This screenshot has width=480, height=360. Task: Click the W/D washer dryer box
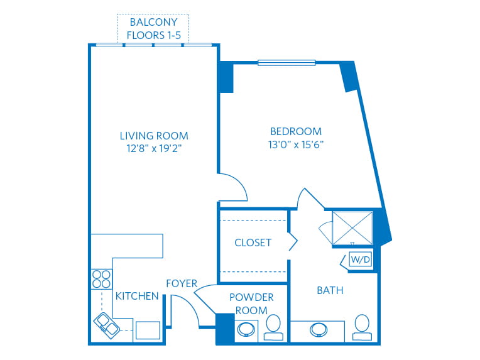click(x=360, y=259)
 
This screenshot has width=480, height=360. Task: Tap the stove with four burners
click(x=102, y=279)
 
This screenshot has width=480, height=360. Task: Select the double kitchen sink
click(x=107, y=326)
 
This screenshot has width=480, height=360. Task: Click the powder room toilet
click(x=273, y=327)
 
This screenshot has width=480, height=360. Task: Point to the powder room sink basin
click(x=246, y=330)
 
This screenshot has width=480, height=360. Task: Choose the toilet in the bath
click(x=362, y=327)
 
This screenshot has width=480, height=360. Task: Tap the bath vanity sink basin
click(x=319, y=330)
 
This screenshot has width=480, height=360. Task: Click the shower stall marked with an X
click(x=352, y=228)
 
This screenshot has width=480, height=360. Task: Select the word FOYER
click(x=182, y=283)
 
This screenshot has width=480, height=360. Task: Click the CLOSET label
click(x=253, y=243)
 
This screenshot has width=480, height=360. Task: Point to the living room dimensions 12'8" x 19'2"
click(x=154, y=148)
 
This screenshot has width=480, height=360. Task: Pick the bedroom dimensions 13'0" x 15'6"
click(x=296, y=145)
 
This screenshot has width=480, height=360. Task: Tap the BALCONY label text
click(x=154, y=22)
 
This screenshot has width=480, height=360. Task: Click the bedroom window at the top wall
click(x=286, y=62)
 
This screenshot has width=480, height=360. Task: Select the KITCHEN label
click(x=137, y=296)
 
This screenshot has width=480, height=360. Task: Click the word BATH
click(x=330, y=290)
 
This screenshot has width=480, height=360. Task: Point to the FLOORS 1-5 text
click(x=154, y=35)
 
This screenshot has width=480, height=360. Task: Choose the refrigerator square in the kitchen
click(x=148, y=330)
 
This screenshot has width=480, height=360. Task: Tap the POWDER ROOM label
click(x=251, y=303)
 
